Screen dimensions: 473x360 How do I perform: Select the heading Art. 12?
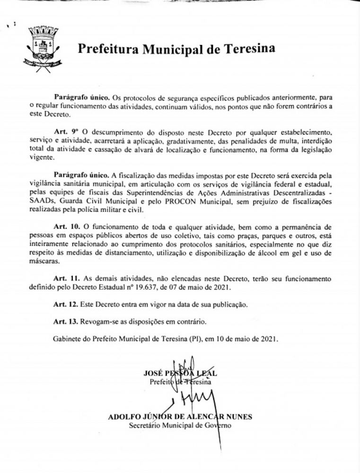pos(64,304)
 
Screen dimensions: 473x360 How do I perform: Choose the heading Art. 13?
pos(64,322)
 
